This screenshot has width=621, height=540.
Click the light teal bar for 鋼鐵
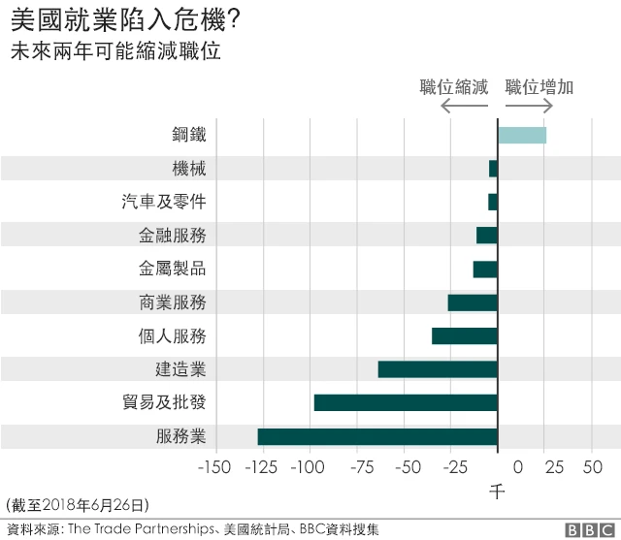click(x=522, y=135)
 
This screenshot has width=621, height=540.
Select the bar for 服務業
click(x=377, y=436)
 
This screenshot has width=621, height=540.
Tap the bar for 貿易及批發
click(x=406, y=402)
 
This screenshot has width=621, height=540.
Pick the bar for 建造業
click(x=438, y=369)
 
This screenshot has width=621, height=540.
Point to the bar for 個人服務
click(x=465, y=336)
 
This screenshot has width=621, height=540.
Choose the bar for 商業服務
click(x=473, y=302)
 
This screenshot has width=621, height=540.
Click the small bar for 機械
click(x=493, y=169)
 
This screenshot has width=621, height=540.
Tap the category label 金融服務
click(x=173, y=236)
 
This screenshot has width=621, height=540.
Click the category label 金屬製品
click(x=173, y=269)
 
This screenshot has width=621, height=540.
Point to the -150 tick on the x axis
click(x=214, y=468)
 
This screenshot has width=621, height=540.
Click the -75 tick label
click(x=356, y=468)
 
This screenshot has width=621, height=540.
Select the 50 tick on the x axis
click(x=592, y=468)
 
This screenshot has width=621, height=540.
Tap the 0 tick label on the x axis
click(x=517, y=468)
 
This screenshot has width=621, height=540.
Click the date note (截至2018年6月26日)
click(x=78, y=505)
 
